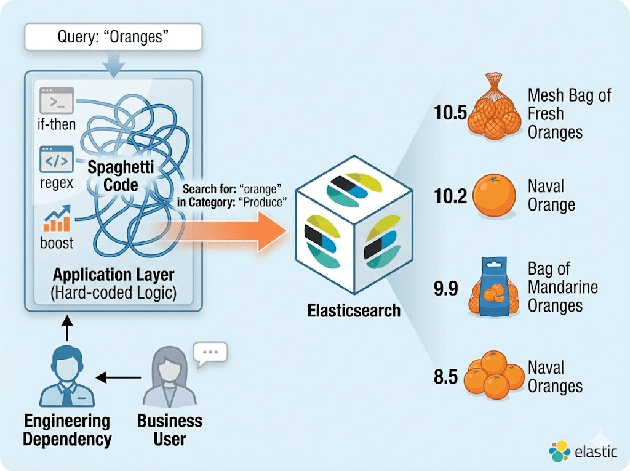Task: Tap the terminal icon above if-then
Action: coord(56,99)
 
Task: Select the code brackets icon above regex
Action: coord(56,159)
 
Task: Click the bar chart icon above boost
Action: coord(56,219)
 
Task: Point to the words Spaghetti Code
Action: coord(121,175)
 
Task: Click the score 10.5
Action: coord(450,114)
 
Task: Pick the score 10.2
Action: coord(450,196)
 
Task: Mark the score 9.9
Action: coord(446,288)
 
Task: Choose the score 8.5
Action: coord(446,376)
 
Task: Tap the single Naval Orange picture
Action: coord(495,195)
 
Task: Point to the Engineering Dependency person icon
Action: coord(66,377)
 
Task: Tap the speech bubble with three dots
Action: coord(210,353)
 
